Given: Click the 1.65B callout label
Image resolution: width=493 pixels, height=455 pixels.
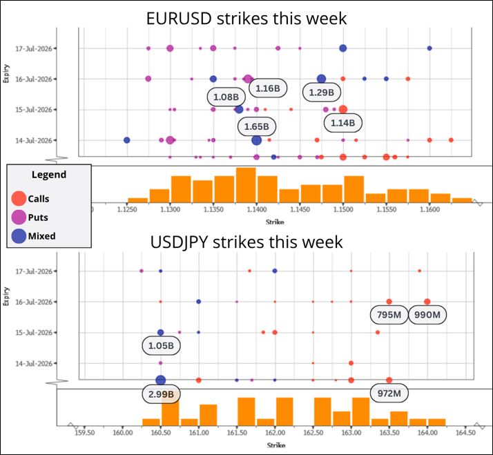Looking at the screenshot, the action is point(257,127).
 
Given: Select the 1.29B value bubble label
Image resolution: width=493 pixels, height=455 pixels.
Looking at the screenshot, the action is point(321,93).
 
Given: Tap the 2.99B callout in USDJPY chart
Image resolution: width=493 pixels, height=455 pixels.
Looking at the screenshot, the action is point(161,394).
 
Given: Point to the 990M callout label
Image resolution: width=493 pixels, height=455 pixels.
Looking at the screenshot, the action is point(427,314).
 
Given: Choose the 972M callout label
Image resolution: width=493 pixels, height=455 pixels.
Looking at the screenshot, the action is point(389,393).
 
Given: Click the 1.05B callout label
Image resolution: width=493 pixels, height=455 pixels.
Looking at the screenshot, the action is point(161,346).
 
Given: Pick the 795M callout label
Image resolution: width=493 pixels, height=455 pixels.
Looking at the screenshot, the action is point(389,314).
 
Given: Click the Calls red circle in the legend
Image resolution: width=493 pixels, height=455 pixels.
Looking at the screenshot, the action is point(19,198).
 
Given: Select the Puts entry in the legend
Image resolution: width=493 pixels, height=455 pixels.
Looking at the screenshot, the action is point(30,217).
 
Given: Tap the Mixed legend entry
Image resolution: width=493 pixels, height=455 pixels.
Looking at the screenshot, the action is point(33,236).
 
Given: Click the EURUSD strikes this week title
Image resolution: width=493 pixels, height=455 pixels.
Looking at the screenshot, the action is point(246,18).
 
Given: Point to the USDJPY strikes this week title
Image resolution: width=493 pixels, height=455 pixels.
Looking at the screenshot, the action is point(246,242).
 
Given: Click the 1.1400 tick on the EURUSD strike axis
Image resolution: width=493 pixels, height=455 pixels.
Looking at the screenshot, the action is point(257,210).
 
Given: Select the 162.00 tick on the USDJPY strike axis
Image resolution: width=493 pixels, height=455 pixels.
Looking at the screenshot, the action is point(275,433).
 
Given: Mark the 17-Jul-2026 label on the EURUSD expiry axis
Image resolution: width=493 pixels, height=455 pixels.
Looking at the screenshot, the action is point(34,49).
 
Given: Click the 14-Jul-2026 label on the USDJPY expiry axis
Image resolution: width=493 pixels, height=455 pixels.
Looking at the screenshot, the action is point(34,363).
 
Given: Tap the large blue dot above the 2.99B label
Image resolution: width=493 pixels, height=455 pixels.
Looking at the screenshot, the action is point(161,380).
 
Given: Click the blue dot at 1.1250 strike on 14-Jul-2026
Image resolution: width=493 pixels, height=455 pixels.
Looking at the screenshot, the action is point(127,140).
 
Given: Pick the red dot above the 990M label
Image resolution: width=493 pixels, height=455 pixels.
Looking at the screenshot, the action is point(427,302).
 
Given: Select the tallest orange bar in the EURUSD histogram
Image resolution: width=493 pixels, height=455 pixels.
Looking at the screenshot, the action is point(246,185).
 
